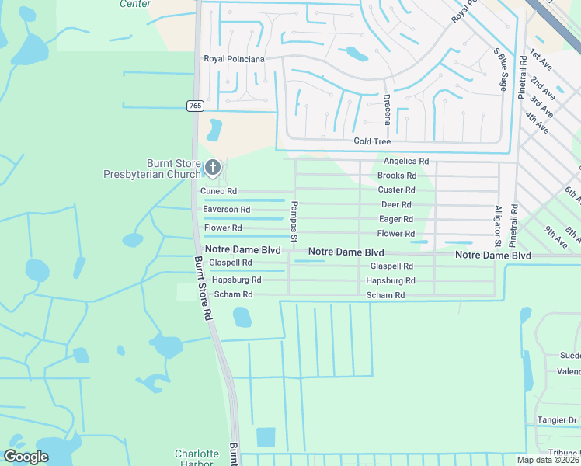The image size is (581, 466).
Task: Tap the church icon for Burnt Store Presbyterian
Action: (212, 167)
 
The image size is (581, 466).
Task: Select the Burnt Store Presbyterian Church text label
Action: (152, 169)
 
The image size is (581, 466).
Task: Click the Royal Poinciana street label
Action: (234, 59)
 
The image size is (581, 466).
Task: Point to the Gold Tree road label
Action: (372, 141)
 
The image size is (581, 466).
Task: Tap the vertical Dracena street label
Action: (387, 110)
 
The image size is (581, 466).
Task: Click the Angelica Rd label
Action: (406, 161)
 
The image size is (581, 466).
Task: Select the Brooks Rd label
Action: (397, 176)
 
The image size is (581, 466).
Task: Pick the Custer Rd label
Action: (396, 190)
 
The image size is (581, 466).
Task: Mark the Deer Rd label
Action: (395, 204)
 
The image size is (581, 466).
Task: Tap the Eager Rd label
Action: (395, 219)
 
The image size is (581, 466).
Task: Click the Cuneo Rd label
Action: (218, 191)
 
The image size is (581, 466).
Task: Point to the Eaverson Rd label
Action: (226, 210)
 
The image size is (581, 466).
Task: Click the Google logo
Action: (26, 457)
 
